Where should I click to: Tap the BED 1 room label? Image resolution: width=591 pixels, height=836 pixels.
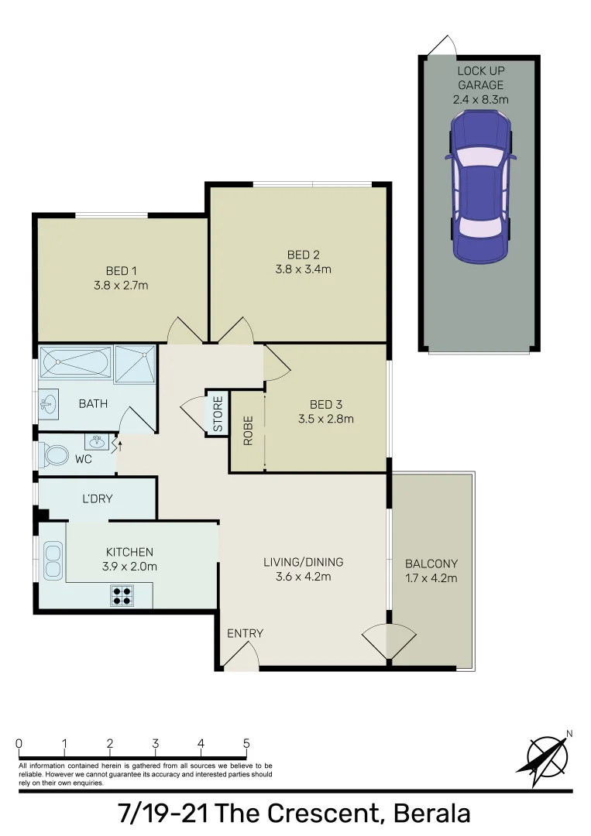pyautogui.click(x=122, y=271)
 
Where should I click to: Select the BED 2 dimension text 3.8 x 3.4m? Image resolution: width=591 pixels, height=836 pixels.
pyautogui.click(x=303, y=269)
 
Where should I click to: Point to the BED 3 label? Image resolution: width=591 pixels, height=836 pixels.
pyautogui.click(x=325, y=404)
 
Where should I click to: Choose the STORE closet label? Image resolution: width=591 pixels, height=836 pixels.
pyautogui.click(x=218, y=414)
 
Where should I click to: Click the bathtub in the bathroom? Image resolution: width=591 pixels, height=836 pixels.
pyautogui.click(x=75, y=362)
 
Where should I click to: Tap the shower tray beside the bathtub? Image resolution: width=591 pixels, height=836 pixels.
pyautogui.click(x=135, y=364)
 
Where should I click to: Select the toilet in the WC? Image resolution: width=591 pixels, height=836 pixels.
pyautogui.click(x=55, y=454)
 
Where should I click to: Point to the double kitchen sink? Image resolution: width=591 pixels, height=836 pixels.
pyautogui.click(x=53, y=560)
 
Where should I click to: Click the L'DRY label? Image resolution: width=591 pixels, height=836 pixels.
pyautogui.click(x=98, y=499)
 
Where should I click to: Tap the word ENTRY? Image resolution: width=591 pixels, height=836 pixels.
pyautogui.click(x=245, y=633)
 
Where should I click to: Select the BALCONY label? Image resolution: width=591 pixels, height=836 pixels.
pyautogui.click(x=431, y=564)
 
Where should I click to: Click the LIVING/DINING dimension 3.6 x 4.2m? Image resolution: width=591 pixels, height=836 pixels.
pyautogui.click(x=303, y=577)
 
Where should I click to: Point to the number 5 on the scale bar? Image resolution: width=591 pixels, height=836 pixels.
pyautogui.click(x=246, y=743)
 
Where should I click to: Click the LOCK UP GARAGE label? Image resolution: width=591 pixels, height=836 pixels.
pyautogui.click(x=480, y=77)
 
